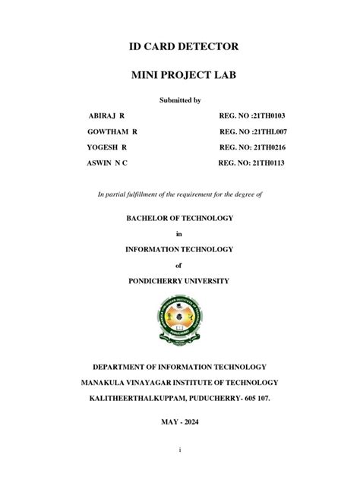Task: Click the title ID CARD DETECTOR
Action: click(180, 47)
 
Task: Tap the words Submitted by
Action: click(180, 99)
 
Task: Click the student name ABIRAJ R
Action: click(108, 115)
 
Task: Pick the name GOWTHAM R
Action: click(112, 131)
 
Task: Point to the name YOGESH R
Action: click(107, 147)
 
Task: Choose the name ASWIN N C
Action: click(108, 163)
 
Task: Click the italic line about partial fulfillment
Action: click(180, 194)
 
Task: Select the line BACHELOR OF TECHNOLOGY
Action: click(180, 218)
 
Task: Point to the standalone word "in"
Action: click(180, 233)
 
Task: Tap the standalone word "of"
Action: click(180, 265)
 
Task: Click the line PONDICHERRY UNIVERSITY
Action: click(180, 281)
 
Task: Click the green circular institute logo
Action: click(181, 320)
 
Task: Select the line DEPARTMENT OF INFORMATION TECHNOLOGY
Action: click(180, 367)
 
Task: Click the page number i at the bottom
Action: click(180, 450)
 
